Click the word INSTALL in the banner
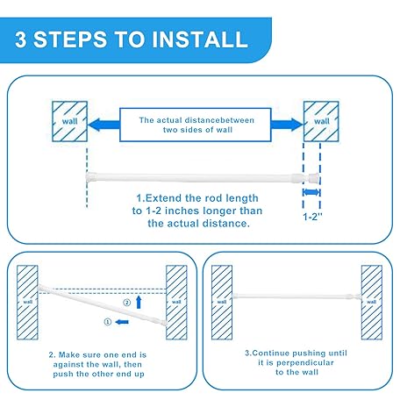coord(200,39)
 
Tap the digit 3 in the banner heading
coord(21,39)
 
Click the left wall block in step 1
coord(69,121)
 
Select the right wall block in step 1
coord(321,121)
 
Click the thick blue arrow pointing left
coord(104,125)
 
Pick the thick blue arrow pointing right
coord(287,125)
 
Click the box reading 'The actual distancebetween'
coord(196,125)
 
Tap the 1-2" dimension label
coord(312,217)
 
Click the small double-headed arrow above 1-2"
coord(311,192)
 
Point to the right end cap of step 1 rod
coord(314,176)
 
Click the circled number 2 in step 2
coord(126,303)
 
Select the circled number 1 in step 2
coord(108,322)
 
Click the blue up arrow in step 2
coord(139,303)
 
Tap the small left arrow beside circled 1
coord(122,322)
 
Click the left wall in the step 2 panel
coord(27,303)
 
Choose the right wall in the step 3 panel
coord(372,303)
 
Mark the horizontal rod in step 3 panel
coord(296,296)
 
